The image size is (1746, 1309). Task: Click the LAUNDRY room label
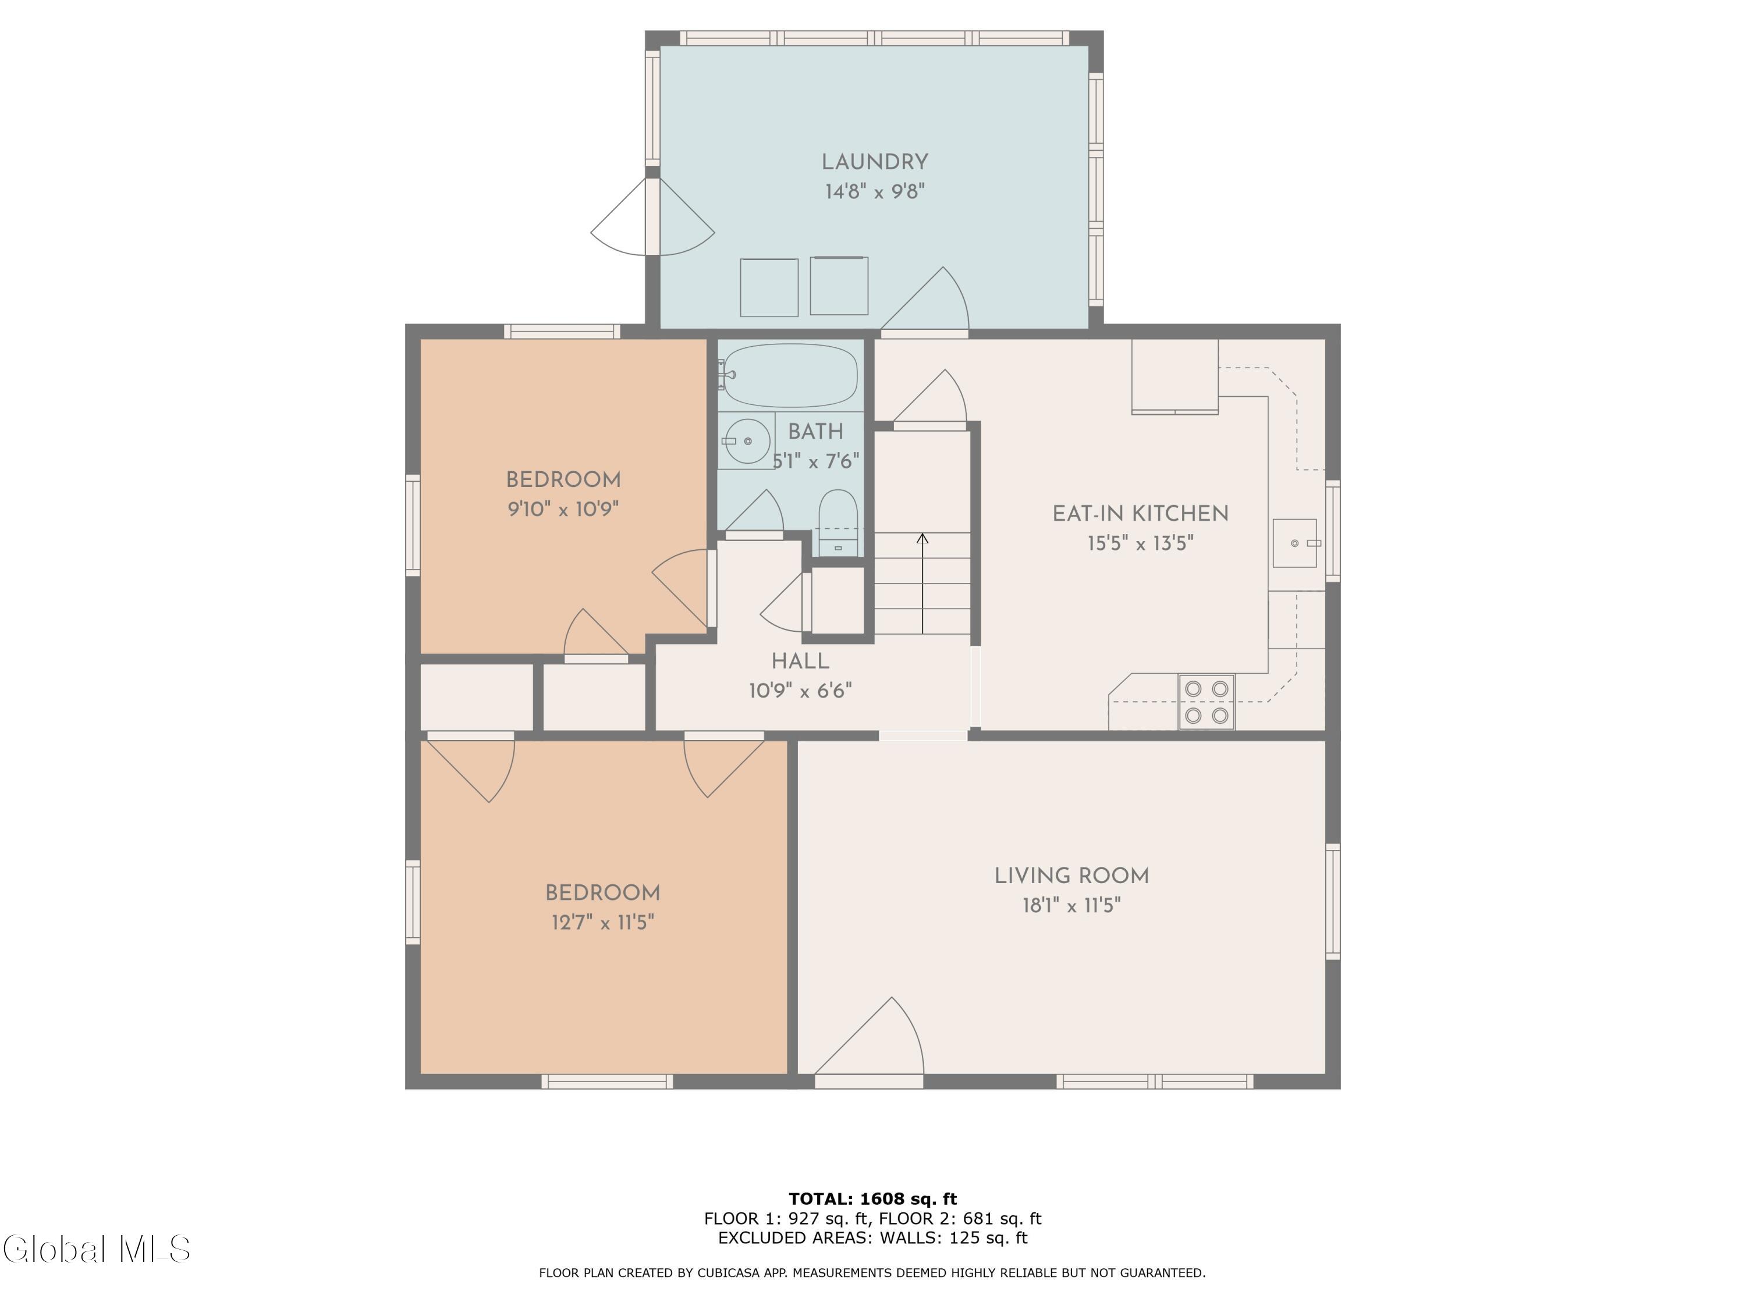point(875,162)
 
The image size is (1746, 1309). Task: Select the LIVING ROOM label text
point(1071,876)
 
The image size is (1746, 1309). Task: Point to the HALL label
point(800,661)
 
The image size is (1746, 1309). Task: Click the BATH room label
point(815,432)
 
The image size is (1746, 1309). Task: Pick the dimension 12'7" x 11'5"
point(603,922)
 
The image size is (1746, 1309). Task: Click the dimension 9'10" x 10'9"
point(563,509)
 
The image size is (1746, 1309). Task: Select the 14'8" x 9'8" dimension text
point(875,192)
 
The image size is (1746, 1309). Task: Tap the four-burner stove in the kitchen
point(1207,702)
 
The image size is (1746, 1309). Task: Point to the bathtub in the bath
point(790,376)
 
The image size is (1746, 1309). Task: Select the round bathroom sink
point(747,441)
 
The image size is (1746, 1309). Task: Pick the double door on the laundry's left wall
point(653,216)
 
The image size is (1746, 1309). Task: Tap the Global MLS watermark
point(96,1249)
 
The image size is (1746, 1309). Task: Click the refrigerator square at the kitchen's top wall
point(1175,376)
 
